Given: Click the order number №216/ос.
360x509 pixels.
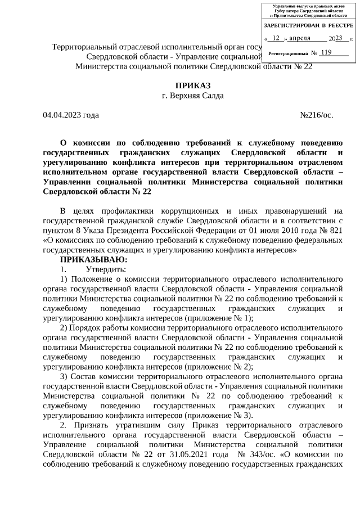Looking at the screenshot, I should (x=317, y=115).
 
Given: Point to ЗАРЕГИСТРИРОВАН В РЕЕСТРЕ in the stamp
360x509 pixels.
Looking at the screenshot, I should (x=308, y=26).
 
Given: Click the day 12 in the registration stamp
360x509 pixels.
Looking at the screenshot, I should (x=276, y=38).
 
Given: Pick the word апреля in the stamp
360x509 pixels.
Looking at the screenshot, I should (x=299, y=38).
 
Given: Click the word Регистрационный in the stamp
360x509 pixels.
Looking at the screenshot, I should (x=288, y=53).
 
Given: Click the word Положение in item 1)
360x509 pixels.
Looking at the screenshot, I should (x=91, y=279).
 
